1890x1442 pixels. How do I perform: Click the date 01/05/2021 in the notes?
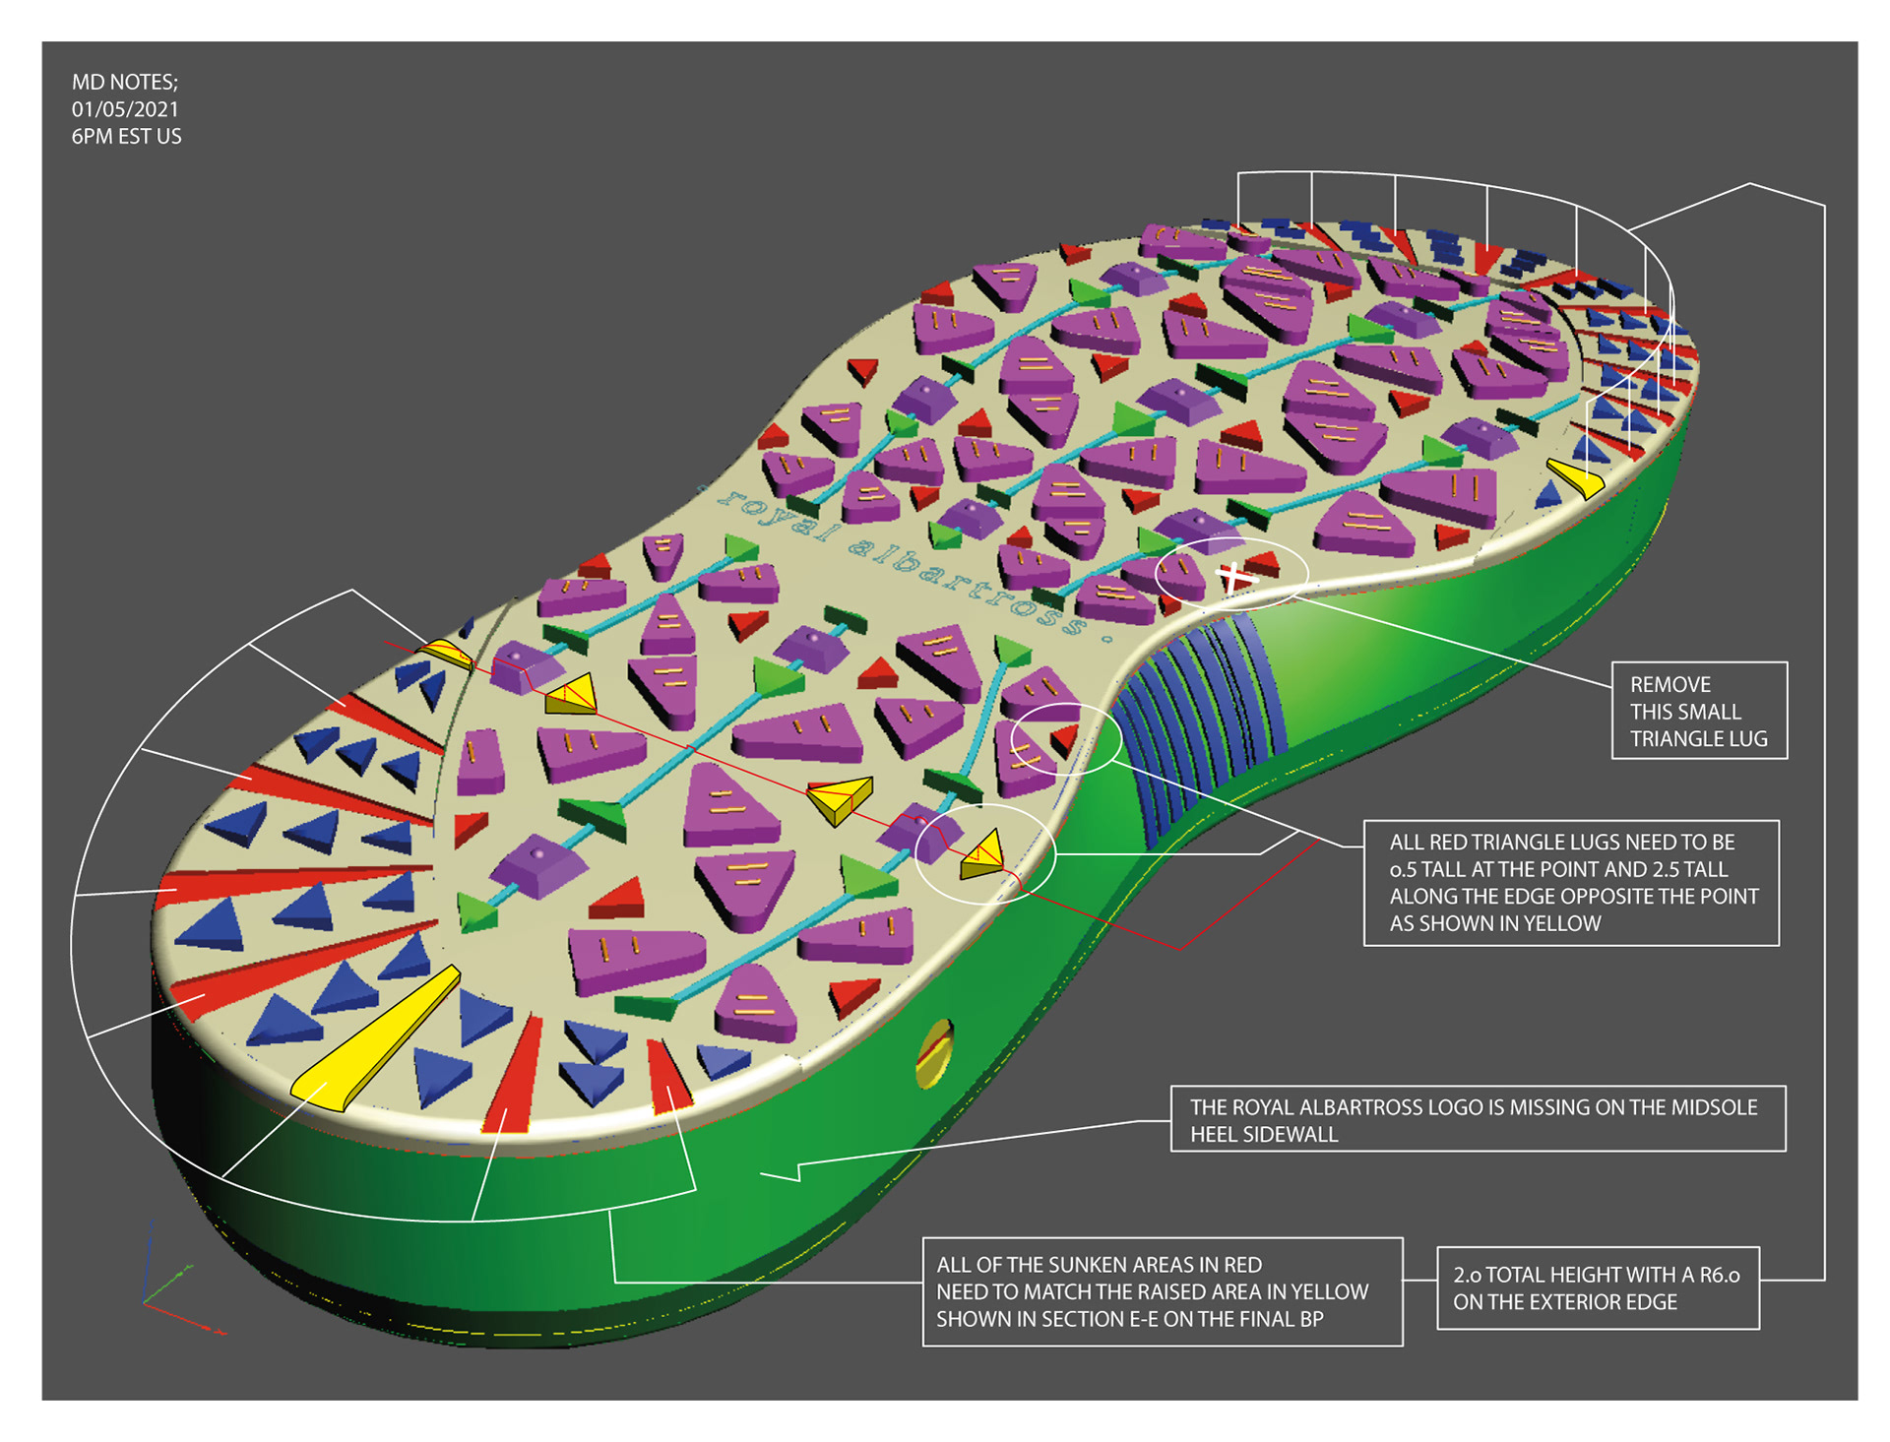pyautogui.click(x=125, y=109)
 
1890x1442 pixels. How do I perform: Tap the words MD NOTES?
pyautogui.click(x=124, y=83)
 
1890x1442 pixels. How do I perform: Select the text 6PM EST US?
pyautogui.click(x=126, y=137)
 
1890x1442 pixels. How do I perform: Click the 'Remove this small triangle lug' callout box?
pyautogui.click(x=1698, y=711)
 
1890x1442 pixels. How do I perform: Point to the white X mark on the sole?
pyautogui.click(x=1236, y=577)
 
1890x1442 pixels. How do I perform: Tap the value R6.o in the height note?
pyautogui.click(x=1719, y=1276)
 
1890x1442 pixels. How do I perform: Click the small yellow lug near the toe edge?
pyautogui.click(x=1574, y=477)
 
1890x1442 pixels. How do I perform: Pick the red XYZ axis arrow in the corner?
pyautogui.click(x=187, y=1318)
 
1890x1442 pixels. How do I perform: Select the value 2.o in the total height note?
pyautogui.click(x=1467, y=1276)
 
